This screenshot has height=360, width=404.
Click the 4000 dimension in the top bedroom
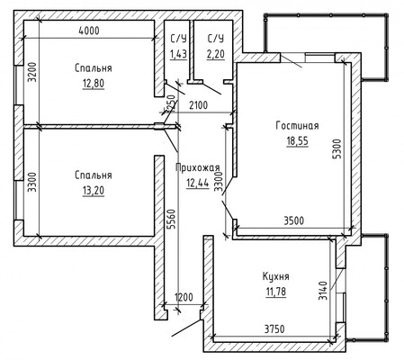(88, 31)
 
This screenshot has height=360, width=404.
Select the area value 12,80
(94, 84)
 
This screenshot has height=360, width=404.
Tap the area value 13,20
(94, 191)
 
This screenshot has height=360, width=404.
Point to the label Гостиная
(297, 125)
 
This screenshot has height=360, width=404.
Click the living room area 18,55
(297, 140)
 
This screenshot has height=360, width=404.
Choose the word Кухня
(276, 276)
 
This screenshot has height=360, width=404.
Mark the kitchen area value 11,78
(276, 292)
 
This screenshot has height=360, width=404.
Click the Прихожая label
(198, 167)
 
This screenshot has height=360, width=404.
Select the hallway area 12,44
(198, 183)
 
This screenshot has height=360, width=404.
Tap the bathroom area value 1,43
(178, 54)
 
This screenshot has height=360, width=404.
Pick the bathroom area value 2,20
(216, 54)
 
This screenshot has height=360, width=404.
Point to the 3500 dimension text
(294, 220)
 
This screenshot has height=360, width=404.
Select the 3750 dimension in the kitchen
(274, 329)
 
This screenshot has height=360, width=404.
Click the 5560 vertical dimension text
(171, 220)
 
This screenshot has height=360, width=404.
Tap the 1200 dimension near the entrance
(184, 297)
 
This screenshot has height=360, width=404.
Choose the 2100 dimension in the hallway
(198, 105)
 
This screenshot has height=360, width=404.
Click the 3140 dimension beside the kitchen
(322, 290)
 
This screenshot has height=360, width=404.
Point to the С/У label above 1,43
(178, 39)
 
